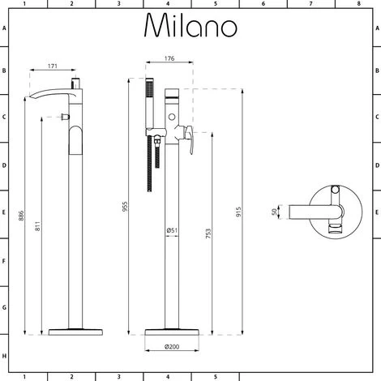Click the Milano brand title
[x=190, y=26]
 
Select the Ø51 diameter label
[x=172, y=230]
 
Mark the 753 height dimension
[x=210, y=229]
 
